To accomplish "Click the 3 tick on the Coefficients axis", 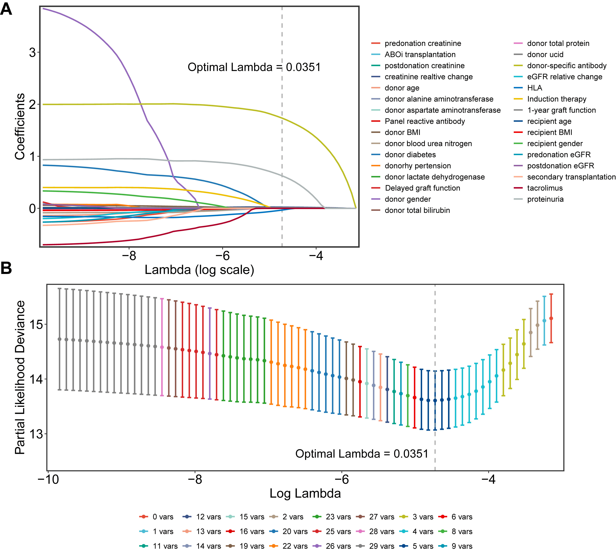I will pyautogui.click(x=32, y=52).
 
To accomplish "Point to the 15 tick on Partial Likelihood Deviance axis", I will pyautogui.click(x=36, y=324).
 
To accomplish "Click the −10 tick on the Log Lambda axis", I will pyautogui.click(x=48, y=479).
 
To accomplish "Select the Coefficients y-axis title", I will pyautogui.click(x=20, y=127).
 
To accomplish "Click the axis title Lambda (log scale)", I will pyautogui.click(x=199, y=270).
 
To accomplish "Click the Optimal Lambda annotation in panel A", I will pyautogui.click(x=254, y=67).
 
